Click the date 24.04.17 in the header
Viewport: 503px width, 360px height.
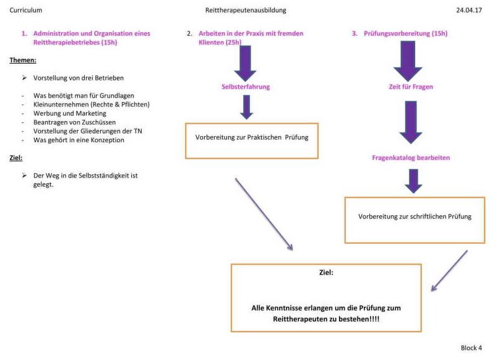coord(469,10)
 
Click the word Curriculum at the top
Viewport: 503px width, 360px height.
coord(25,10)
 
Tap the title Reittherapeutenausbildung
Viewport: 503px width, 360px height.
coord(246,10)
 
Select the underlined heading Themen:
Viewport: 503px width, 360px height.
coord(23,61)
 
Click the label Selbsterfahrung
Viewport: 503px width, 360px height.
coord(246,87)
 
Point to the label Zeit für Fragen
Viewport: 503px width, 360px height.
coord(411,87)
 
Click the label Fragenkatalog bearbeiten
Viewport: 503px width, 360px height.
coord(411,158)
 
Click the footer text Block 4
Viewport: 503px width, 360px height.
coord(471,348)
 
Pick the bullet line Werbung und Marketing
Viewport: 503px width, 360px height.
coord(70,113)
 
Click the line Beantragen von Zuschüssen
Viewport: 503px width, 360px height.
coord(74,122)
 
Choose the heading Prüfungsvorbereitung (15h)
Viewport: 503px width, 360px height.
coord(405,33)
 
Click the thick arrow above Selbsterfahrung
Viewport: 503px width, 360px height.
coord(246,63)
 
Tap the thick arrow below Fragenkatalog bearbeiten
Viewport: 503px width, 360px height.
coord(413,181)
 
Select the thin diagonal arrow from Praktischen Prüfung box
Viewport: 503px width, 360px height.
coord(264,214)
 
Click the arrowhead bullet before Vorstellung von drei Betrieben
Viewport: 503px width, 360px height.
coord(24,78)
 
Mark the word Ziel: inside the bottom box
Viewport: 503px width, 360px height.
coord(326,272)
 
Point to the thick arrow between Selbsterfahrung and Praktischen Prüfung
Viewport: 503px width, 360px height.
coord(247,108)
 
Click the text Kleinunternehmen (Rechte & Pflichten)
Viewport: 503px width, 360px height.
coord(92,105)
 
